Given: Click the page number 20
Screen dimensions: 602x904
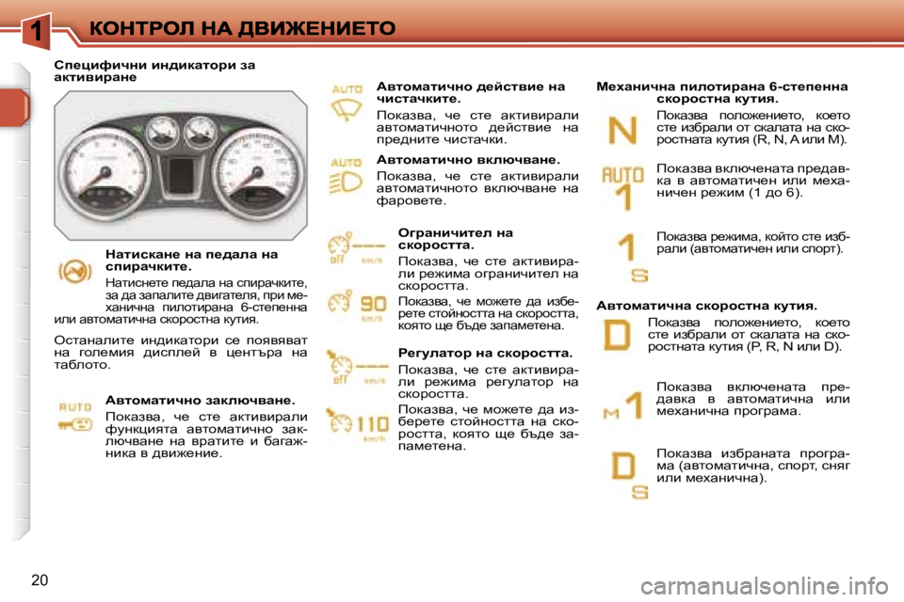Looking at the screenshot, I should [40, 578].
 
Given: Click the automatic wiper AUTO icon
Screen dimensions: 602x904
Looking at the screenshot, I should [347, 101].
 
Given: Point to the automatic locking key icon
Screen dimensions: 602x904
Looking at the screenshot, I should [76, 415].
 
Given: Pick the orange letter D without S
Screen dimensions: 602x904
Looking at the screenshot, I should [618, 335].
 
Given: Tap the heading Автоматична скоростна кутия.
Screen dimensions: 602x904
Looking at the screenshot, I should [706, 305].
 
